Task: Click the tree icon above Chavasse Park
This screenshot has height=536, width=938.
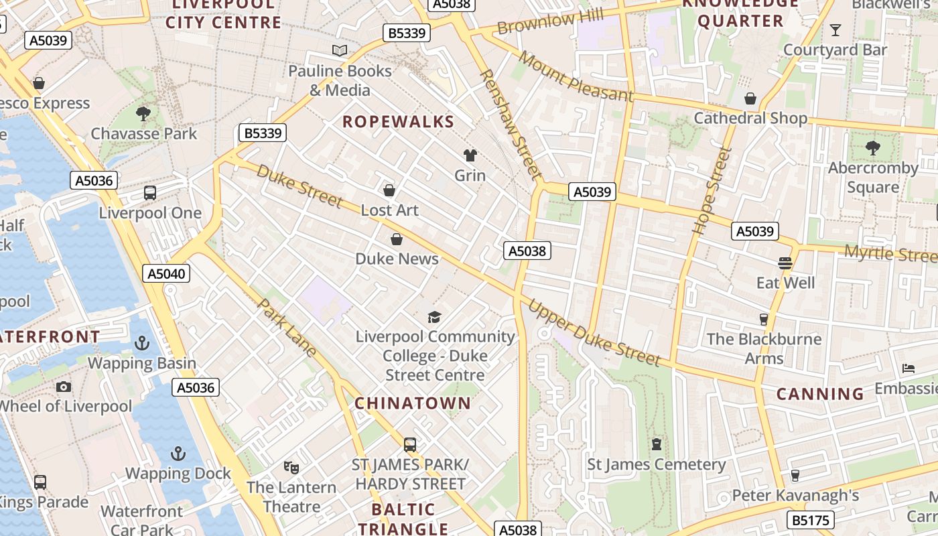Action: pos(143,113)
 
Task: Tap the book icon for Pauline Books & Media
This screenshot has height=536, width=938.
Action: pos(340,50)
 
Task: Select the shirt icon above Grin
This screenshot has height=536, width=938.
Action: pos(470,155)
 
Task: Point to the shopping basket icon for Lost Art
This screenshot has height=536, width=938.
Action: pos(389,190)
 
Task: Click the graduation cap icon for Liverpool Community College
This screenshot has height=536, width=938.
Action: pos(435,316)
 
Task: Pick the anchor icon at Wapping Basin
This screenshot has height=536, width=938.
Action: pos(142,343)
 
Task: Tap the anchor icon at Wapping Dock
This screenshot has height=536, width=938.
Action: pos(178,454)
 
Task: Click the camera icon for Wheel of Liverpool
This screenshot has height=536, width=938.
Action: pos(64,387)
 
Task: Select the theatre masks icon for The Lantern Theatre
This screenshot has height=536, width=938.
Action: pos(291,467)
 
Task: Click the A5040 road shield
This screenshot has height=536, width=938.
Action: pos(167,273)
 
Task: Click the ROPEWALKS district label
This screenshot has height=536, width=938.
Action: pos(398,122)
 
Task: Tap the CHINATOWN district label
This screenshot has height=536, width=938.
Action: pos(413,403)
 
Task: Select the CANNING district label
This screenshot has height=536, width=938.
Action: pos(820,394)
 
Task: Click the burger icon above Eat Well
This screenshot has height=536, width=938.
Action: pos(785,263)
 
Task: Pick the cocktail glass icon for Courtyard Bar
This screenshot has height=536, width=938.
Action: pos(835,29)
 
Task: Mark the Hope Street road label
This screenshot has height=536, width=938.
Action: pos(710,190)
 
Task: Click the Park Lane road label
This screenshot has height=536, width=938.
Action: pos(287,327)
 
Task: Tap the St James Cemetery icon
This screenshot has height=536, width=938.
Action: pos(657,444)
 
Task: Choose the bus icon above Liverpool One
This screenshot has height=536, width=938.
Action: pos(150,193)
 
